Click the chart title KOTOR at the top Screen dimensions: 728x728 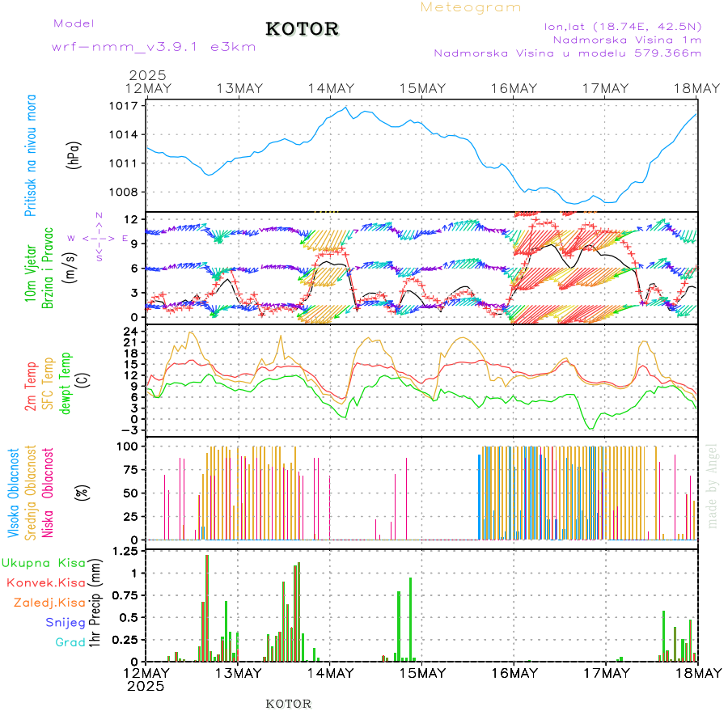(302, 29)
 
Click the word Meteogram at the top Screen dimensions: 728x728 (471, 7)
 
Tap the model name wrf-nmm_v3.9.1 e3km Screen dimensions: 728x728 (154, 46)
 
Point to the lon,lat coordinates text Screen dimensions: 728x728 (622, 26)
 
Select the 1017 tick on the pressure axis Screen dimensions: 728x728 (125, 106)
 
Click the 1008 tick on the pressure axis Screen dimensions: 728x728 (125, 193)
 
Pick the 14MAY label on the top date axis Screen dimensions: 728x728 (330, 88)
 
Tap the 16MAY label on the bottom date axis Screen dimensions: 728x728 (514, 673)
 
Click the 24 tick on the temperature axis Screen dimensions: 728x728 (132, 331)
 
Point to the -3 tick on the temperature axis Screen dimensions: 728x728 (130, 431)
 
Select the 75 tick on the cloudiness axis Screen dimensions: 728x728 (130, 469)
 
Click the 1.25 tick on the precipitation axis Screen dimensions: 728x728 (125, 552)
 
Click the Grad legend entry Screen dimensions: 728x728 (70, 643)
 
